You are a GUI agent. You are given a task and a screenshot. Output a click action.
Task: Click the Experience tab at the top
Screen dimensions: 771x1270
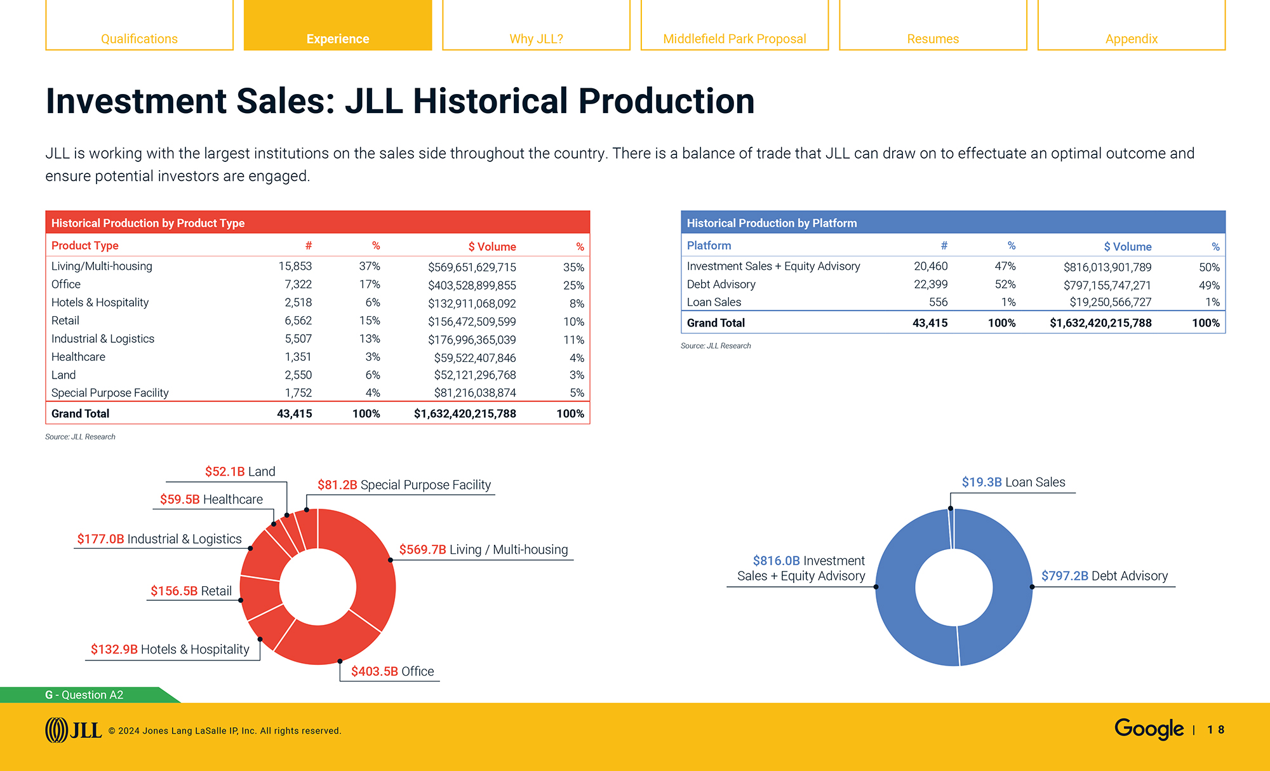(x=337, y=38)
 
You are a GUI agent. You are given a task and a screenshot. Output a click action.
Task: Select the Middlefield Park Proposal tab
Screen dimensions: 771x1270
(x=734, y=38)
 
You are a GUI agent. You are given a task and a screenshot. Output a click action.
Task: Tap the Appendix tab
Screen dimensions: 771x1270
(x=1131, y=38)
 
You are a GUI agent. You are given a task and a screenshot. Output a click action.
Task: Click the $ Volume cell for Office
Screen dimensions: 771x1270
(x=471, y=285)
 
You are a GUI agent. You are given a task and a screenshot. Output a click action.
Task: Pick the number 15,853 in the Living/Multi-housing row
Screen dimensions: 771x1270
(x=295, y=266)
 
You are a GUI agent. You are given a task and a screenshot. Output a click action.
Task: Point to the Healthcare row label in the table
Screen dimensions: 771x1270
(x=78, y=357)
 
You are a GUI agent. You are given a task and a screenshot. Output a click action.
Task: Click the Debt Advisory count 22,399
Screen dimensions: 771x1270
(x=930, y=285)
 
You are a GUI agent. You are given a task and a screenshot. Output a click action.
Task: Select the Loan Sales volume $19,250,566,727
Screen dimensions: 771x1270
(x=1110, y=302)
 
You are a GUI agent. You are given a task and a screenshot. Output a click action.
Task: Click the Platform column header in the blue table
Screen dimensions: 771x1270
(x=709, y=246)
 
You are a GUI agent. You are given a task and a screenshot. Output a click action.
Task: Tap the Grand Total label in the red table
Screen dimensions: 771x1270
(x=80, y=413)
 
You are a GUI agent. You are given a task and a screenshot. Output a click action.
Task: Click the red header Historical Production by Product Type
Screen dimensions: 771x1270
(x=147, y=223)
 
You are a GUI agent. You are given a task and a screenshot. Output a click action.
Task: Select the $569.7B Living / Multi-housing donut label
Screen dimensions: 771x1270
(x=483, y=549)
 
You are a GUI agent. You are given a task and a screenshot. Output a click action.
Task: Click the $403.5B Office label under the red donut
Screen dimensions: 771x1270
(x=392, y=671)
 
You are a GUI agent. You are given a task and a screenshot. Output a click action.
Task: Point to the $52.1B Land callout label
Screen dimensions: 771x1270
(x=239, y=471)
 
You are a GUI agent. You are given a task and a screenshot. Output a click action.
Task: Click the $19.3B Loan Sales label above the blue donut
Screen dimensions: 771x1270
(x=1013, y=482)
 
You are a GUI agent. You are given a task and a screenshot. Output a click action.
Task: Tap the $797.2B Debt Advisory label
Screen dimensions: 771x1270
(x=1104, y=576)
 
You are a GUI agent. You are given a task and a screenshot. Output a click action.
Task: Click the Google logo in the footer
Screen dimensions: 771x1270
(x=1148, y=728)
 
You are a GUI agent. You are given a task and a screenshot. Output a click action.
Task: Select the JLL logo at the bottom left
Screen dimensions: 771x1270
(x=73, y=730)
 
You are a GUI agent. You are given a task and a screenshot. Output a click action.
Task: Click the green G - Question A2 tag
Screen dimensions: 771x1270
(x=84, y=695)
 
